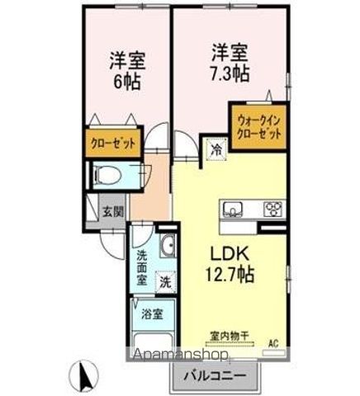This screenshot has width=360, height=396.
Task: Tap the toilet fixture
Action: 107,175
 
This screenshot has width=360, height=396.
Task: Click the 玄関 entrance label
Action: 113,211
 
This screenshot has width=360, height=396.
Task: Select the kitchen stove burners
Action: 272,208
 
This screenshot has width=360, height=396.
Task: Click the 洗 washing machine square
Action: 165,281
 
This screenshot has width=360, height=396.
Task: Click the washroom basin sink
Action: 165,247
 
